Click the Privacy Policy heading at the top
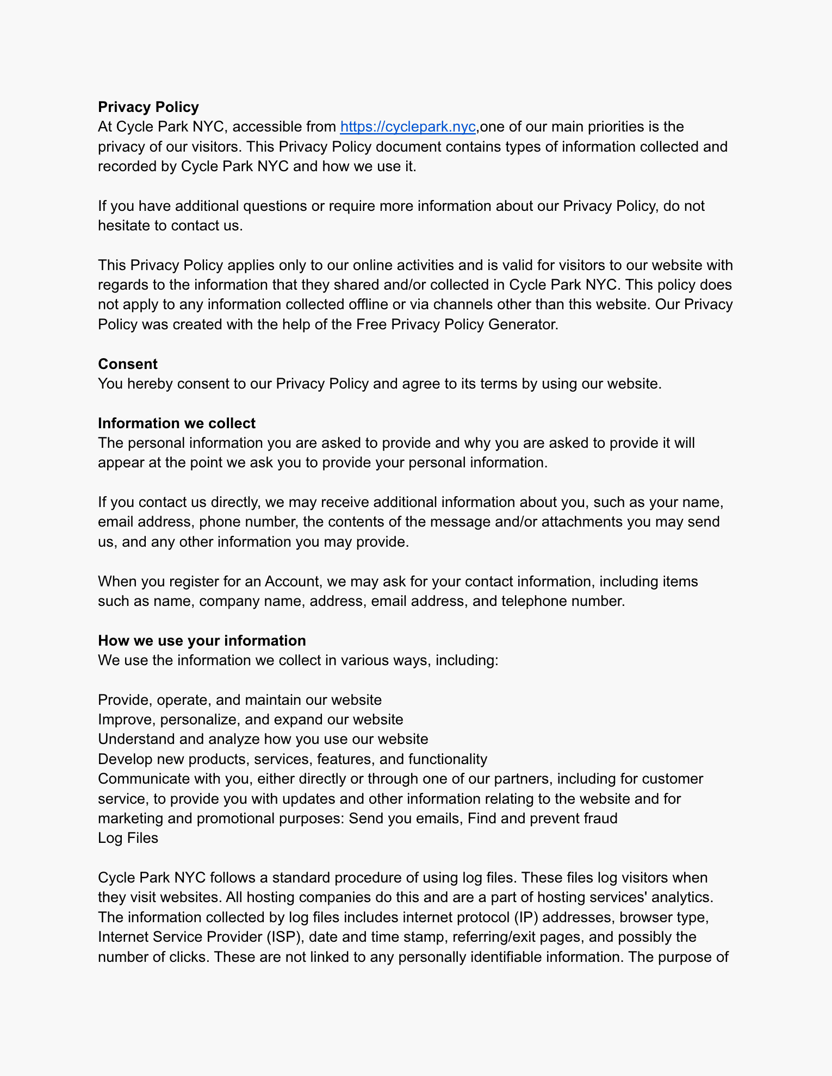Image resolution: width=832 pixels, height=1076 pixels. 148,107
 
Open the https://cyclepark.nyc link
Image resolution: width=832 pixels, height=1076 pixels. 407,127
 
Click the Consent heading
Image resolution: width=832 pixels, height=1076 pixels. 128,364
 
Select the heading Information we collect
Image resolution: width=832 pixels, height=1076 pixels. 177,423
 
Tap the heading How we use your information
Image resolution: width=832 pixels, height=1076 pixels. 202,641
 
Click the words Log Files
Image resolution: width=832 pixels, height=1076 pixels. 128,838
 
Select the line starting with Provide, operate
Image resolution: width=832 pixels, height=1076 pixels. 240,700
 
